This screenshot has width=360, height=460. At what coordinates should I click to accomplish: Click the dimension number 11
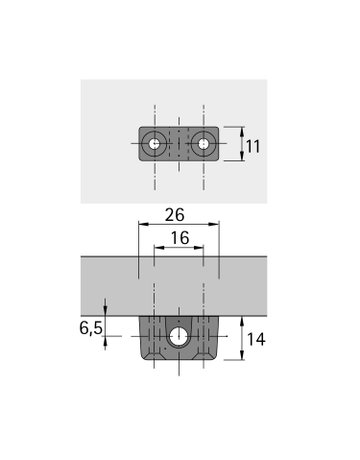(x=253, y=146)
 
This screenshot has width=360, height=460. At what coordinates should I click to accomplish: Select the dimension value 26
(x=178, y=215)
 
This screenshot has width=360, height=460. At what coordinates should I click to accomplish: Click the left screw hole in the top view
(x=154, y=144)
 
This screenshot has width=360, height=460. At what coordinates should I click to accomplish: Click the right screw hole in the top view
(x=203, y=144)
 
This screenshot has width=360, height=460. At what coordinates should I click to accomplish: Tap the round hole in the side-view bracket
(x=179, y=337)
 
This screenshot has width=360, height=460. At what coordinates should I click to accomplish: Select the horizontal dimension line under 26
(x=178, y=226)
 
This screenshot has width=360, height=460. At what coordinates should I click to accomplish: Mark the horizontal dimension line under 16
(x=178, y=251)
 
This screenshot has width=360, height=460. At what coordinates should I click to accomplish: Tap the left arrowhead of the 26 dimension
(x=139, y=226)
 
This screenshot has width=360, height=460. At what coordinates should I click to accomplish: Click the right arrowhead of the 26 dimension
(x=216, y=226)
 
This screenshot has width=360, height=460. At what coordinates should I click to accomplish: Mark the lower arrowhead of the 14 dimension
(x=241, y=357)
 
